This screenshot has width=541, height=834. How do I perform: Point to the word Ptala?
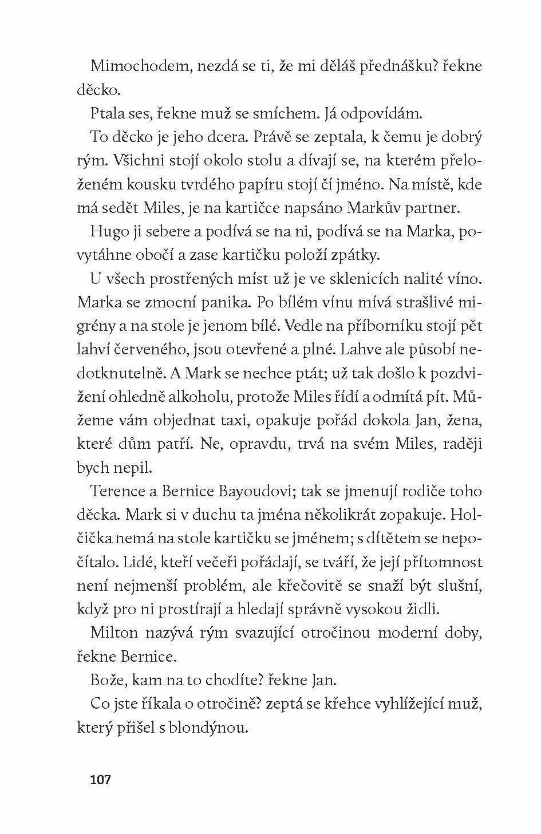tap(108, 113)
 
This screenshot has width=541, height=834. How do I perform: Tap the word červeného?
tap(153, 350)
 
